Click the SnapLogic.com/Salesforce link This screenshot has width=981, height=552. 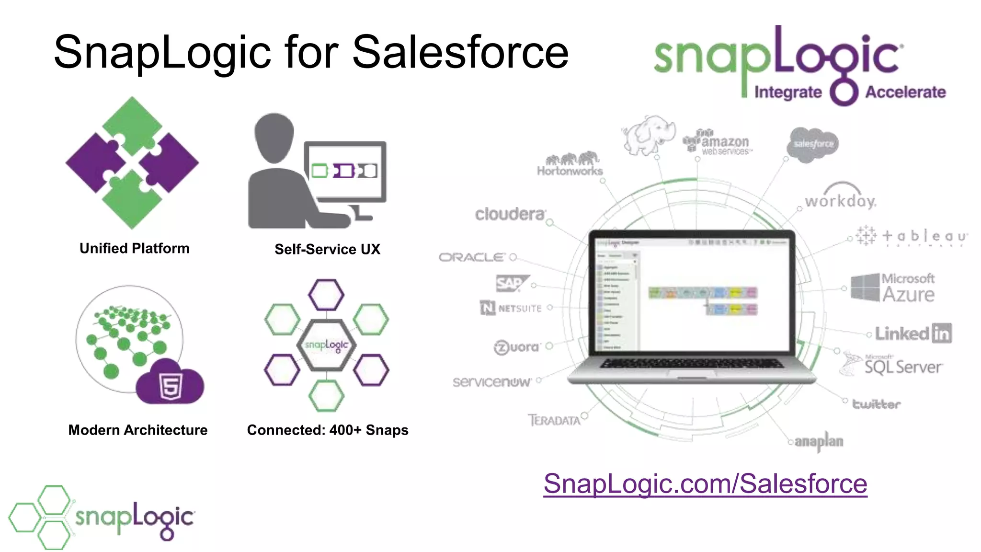(705, 483)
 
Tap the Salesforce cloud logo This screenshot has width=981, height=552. (813, 144)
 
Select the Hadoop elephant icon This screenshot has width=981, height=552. (649, 135)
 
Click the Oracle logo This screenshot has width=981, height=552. (472, 257)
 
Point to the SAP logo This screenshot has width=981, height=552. (512, 284)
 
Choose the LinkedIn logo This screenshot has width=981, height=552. (913, 333)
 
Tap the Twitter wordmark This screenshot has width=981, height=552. (876, 404)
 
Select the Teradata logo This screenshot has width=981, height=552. (554, 420)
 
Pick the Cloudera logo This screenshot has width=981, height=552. (510, 214)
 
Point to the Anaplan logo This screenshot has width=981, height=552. (819, 441)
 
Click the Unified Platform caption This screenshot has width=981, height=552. (135, 248)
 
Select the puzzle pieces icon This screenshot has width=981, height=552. (132, 162)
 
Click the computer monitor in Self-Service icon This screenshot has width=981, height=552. (345, 172)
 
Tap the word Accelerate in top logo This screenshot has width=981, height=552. (905, 92)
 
